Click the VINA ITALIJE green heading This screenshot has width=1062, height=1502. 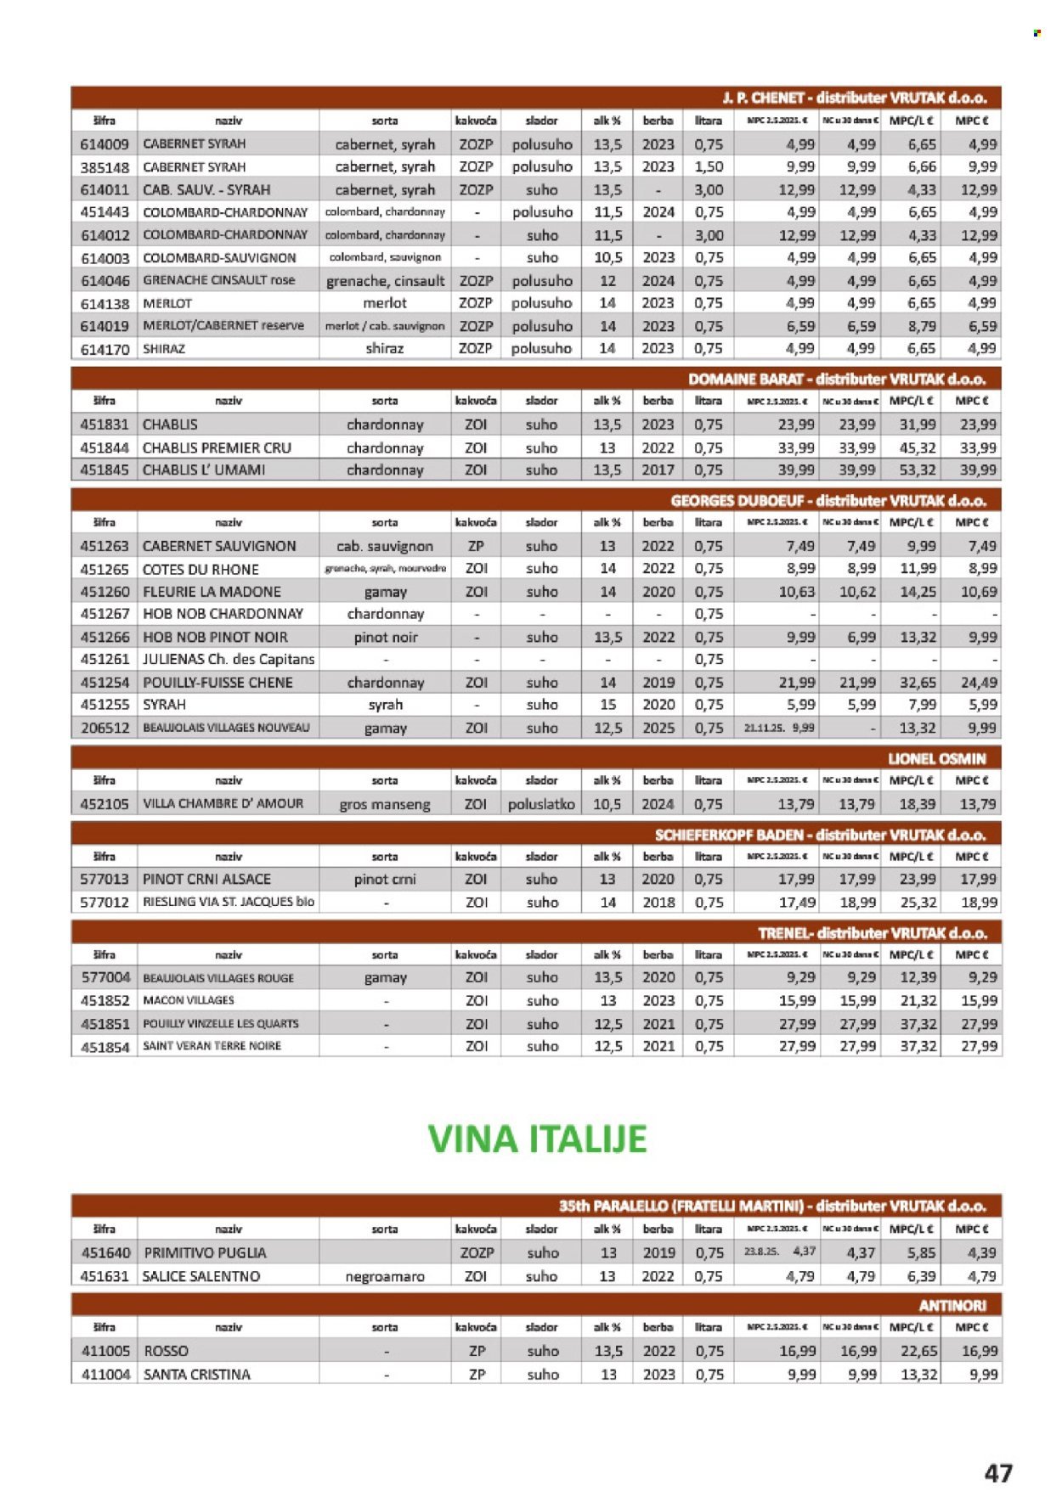click(x=537, y=1139)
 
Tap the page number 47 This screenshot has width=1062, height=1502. click(x=998, y=1472)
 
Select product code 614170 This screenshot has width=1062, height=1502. click(x=105, y=349)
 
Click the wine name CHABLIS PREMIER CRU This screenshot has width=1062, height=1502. click(x=217, y=447)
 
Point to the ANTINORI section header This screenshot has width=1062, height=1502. click(x=952, y=1305)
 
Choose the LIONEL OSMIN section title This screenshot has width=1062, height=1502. click(x=936, y=758)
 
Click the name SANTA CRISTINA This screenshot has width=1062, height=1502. click(x=197, y=1374)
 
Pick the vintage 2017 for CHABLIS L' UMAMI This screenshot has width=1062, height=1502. click(x=658, y=470)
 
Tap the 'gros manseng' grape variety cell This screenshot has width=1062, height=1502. click(x=385, y=804)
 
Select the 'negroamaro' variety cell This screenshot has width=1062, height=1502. click(x=385, y=1276)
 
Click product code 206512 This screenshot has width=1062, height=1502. click(x=105, y=728)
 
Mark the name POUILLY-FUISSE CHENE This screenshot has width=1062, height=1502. click(x=217, y=683)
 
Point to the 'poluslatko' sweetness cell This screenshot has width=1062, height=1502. click(x=541, y=804)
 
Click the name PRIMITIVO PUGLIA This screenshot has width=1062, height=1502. click(x=205, y=1252)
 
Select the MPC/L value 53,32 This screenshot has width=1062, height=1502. click(x=918, y=470)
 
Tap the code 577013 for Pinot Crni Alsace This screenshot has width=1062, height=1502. click(x=105, y=879)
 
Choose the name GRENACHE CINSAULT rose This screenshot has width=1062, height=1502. click(x=219, y=280)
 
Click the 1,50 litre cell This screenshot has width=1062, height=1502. click(x=709, y=167)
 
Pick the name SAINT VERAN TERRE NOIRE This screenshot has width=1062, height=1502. click(x=212, y=1046)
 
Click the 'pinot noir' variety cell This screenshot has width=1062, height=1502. click(x=385, y=637)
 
